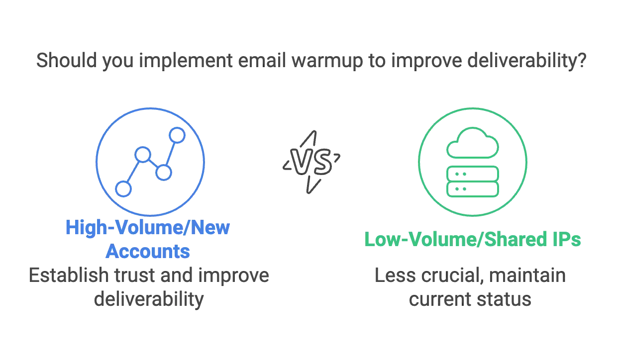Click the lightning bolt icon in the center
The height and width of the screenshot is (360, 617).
312,161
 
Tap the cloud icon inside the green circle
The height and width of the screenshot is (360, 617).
472,141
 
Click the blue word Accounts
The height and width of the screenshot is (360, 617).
148,252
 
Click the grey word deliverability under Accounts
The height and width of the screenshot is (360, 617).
148,300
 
